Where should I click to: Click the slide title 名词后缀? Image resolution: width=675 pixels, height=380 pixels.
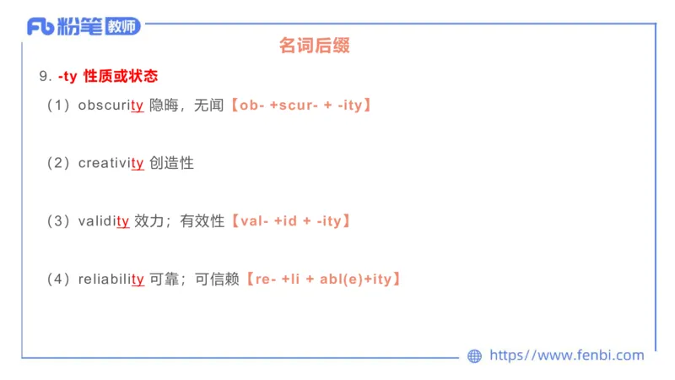pyautogui.click(x=314, y=46)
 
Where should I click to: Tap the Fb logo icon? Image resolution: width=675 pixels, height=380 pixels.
pyautogui.click(x=40, y=27)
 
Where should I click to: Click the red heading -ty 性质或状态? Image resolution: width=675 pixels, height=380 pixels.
pyautogui.click(x=108, y=76)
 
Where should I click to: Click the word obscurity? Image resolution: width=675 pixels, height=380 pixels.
pyautogui.click(x=111, y=106)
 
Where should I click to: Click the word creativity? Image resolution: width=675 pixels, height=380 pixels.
pyautogui.click(x=111, y=163)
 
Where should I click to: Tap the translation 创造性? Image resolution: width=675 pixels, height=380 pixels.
pyautogui.click(x=171, y=163)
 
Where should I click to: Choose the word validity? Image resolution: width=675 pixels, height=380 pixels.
pyautogui.click(x=103, y=221)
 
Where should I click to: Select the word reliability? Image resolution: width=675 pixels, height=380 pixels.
pyautogui.click(x=111, y=279)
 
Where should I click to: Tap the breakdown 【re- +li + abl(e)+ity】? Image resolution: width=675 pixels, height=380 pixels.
pyautogui.click(x=322, y=279)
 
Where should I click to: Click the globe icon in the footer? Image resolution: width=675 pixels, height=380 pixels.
pyautogui.click(x=475, y=356)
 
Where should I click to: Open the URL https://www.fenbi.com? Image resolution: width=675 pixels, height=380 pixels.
pyautogui.click(x=566, y=356)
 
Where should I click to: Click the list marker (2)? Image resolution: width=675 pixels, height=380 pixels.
pyautogui.click(x=58, y=163)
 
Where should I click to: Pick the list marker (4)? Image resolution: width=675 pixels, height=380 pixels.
pyautogui.click(x=58, y=279)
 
